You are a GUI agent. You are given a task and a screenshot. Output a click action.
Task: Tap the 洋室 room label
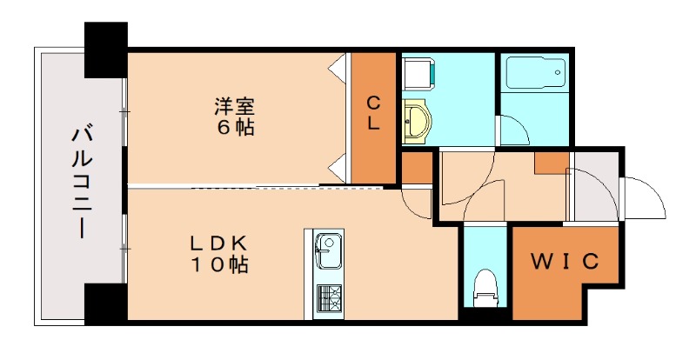236,106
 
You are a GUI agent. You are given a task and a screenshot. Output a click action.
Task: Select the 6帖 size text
236,127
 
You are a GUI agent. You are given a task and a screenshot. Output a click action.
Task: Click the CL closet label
372,112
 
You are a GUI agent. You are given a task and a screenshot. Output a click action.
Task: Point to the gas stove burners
329,297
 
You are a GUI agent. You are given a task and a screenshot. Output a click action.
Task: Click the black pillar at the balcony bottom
105,303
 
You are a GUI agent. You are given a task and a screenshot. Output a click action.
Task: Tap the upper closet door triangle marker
336,66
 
